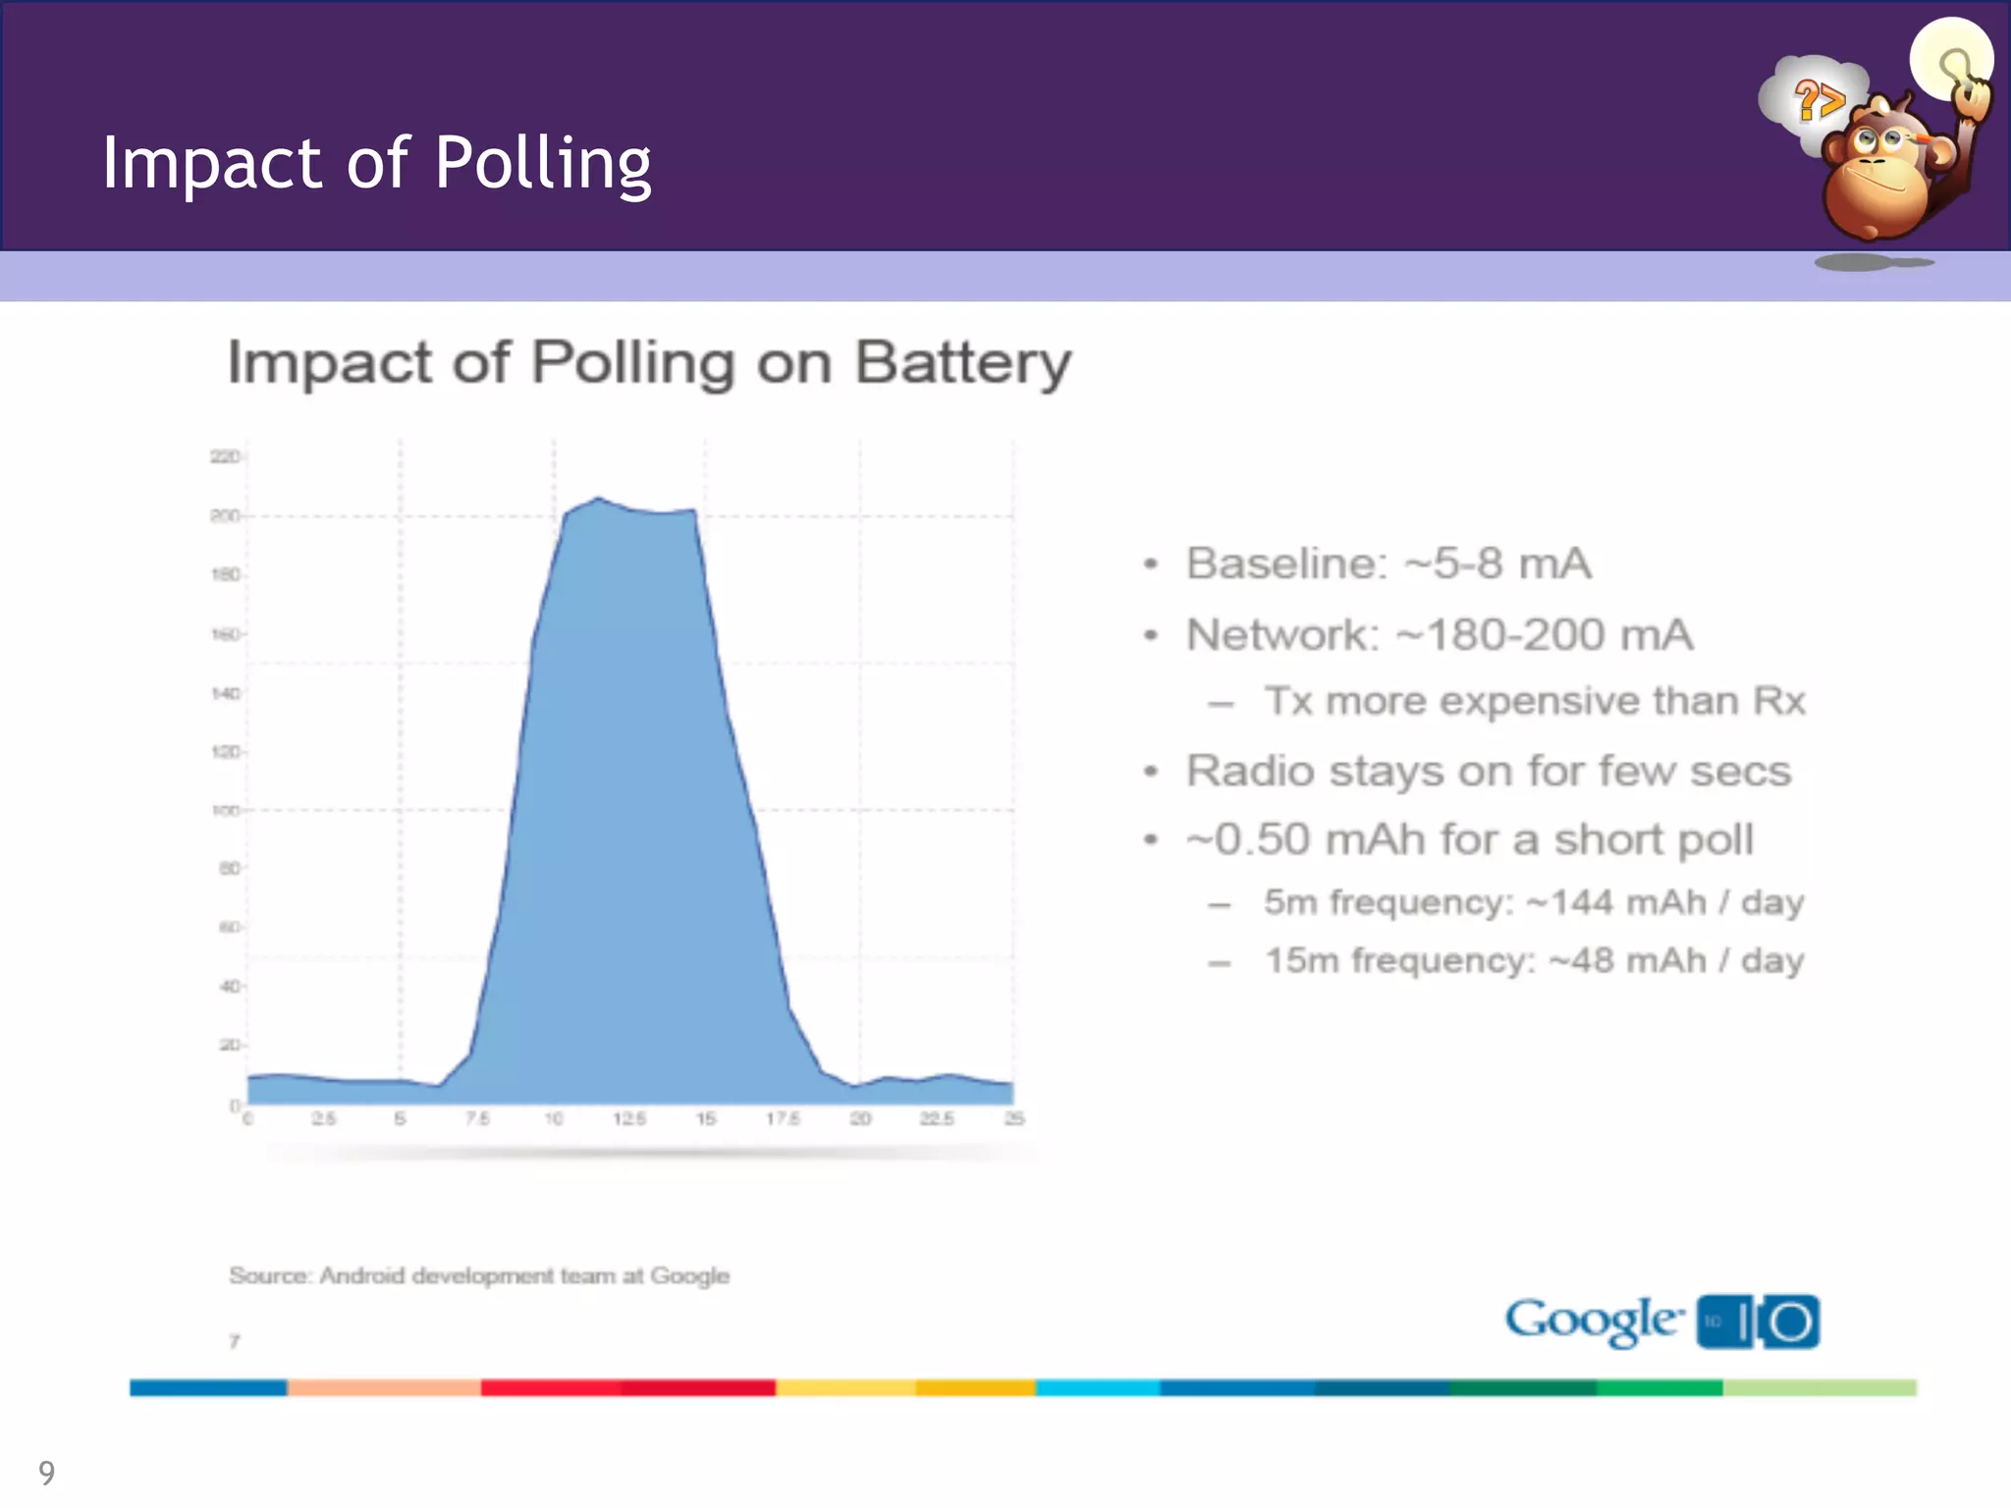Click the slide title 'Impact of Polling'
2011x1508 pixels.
click(x=376, y=163)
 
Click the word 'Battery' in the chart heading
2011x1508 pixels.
click(x=962, y=363)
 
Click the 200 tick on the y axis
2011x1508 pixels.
click(x=225, y=516)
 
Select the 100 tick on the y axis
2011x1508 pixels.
click(x=225, y=811)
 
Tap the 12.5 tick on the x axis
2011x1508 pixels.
click(x=629, y=1119)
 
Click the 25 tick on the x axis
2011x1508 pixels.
click(x=1014, y=1119)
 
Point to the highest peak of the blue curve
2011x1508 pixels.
click(x=599, y=499)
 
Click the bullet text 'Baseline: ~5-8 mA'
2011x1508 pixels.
click(x=1388, y=564)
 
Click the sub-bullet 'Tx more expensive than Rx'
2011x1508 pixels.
click(x=1535, y=701)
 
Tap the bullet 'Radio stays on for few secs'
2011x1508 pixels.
click(x=1489, y=771)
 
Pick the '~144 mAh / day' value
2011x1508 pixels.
click(x=1665, y=902)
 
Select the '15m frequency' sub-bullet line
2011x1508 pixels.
click(x=1535, y=960)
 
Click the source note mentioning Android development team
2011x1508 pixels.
click(x=479, y=1276)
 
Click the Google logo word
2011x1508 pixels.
click(x=1594, y=1320)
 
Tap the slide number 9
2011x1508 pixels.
click(x=46, y=1473)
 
